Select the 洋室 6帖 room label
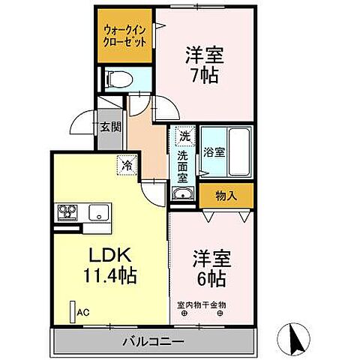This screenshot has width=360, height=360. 210,267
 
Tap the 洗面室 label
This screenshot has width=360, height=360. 183,162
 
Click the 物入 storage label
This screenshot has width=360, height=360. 226,196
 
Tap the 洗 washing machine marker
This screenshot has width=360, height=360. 183,137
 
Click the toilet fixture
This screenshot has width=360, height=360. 118,77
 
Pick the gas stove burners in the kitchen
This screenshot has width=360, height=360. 66,211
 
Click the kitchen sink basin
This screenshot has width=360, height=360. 98,212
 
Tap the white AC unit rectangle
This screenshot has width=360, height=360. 73,311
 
